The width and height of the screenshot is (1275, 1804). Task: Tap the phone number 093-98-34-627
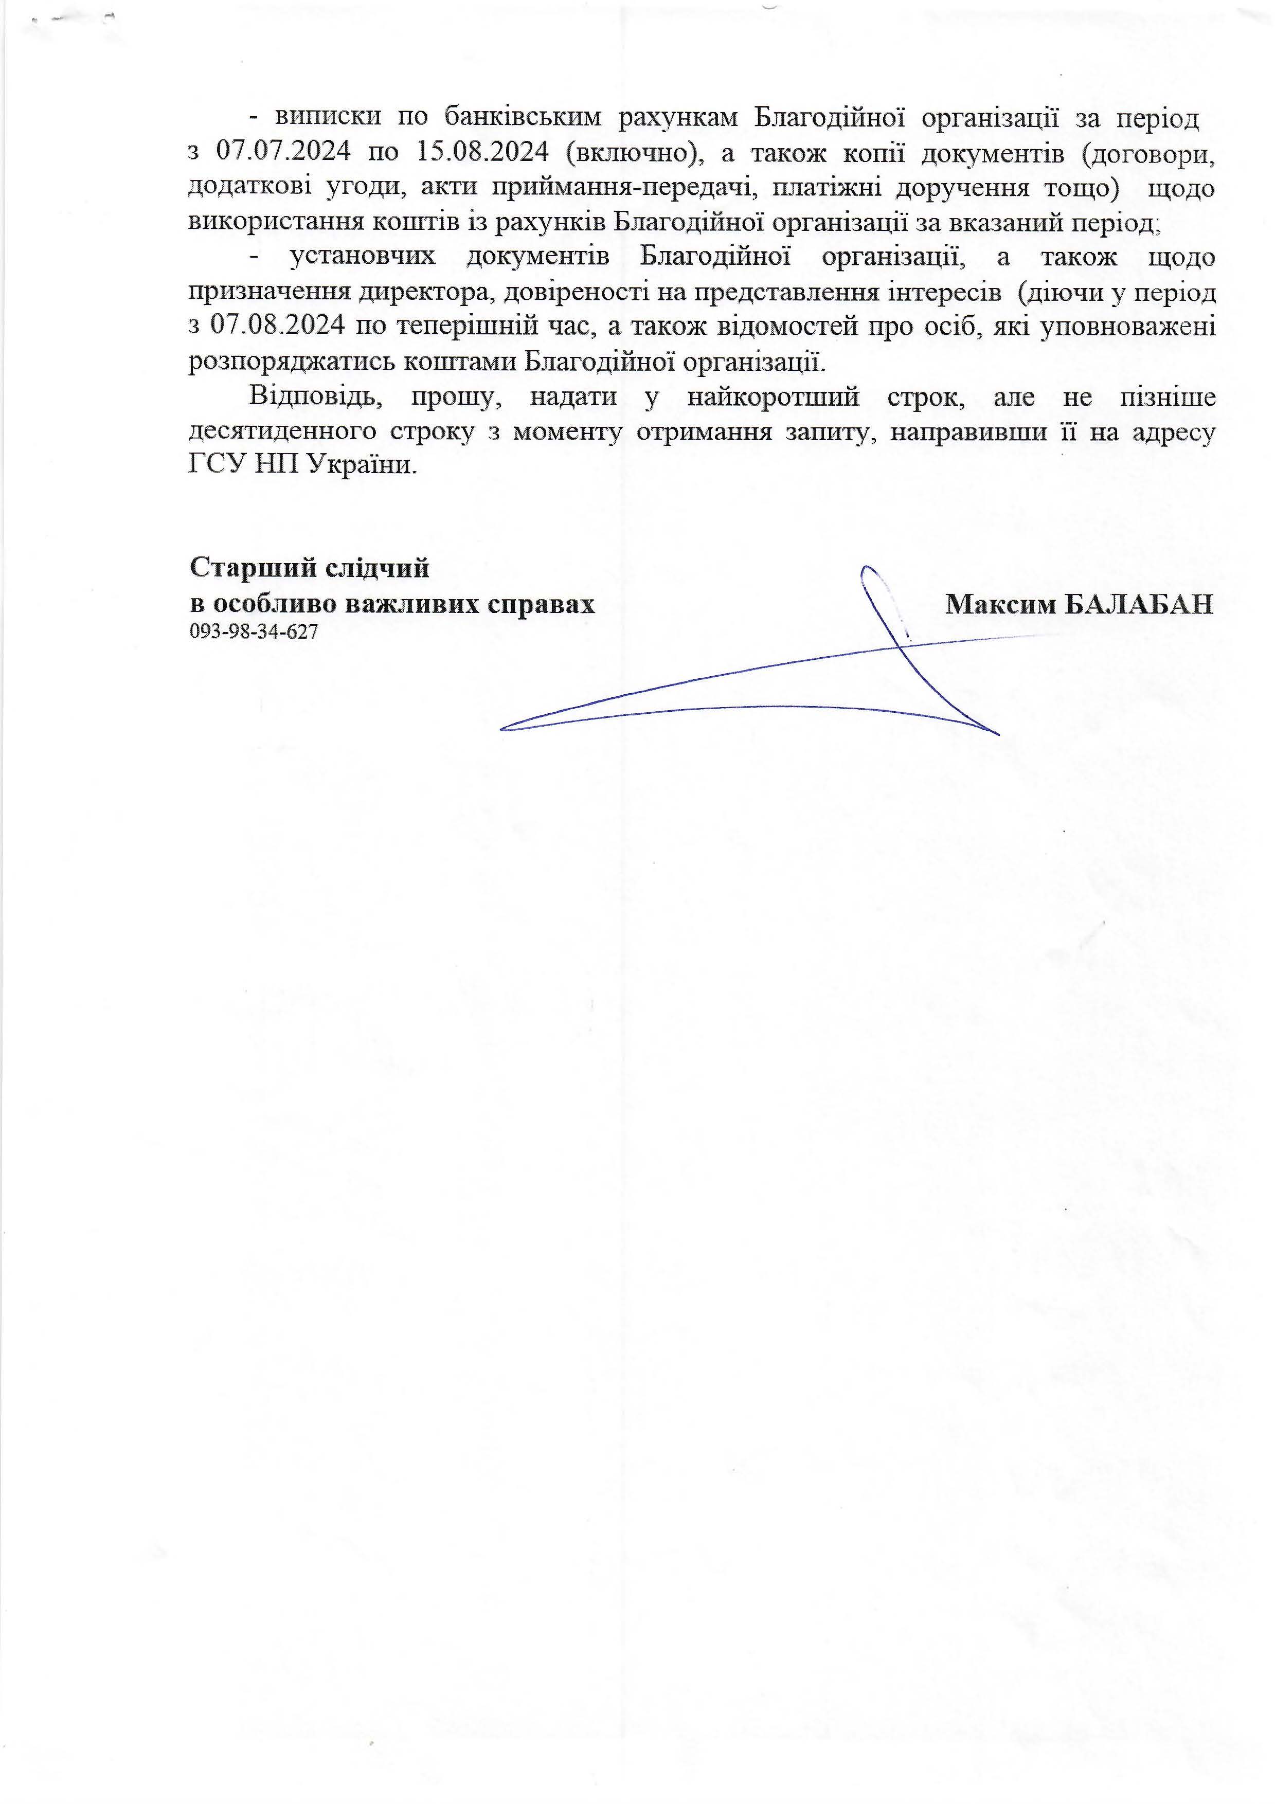coord(254,632)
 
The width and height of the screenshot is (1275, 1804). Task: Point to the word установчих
coord(362,258)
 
